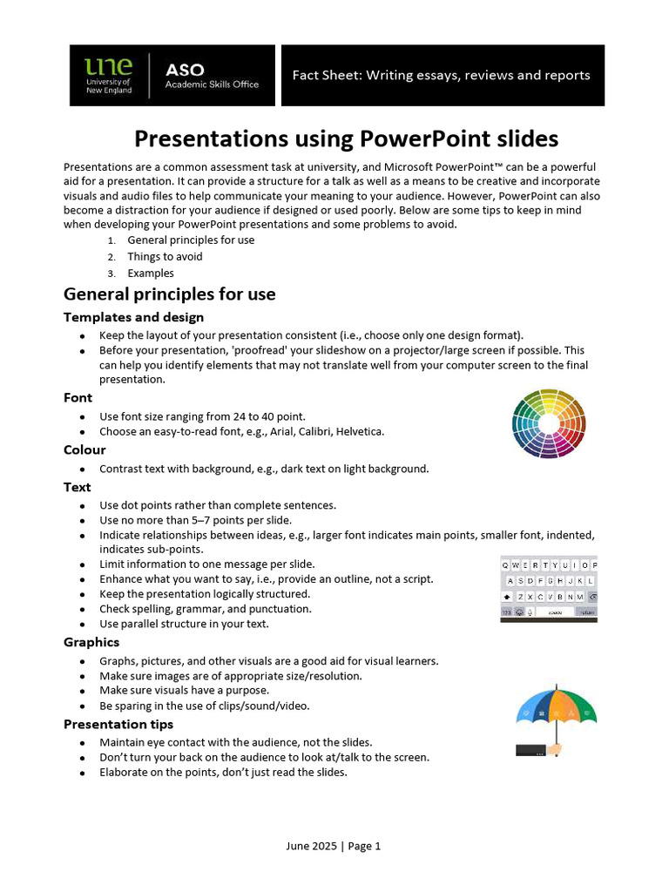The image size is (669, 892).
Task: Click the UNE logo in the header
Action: click(108, 76)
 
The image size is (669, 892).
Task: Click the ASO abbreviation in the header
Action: click(185, 69)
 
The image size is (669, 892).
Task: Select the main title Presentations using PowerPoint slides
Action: click(346, 139)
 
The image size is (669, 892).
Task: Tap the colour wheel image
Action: click(549, 423)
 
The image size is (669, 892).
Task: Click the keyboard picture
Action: click(549, 589)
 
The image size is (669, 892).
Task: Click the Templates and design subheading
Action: click(133, 317)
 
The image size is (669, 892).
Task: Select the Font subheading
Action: click(78, 398)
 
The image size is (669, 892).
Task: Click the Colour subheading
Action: click(84, 450)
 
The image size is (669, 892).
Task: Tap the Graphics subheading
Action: click(91, 643)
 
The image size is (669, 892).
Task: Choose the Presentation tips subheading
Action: click(118, 725)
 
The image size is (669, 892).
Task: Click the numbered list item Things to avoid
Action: click(165, 257)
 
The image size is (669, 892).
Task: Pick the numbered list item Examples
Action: click(151, 274)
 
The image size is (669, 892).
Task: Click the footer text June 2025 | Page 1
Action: click(334, 846)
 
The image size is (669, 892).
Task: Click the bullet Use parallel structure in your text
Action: click(184, 625)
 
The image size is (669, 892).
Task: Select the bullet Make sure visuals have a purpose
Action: click(184, 691)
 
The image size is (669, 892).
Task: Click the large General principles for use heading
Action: click(170, 294)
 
